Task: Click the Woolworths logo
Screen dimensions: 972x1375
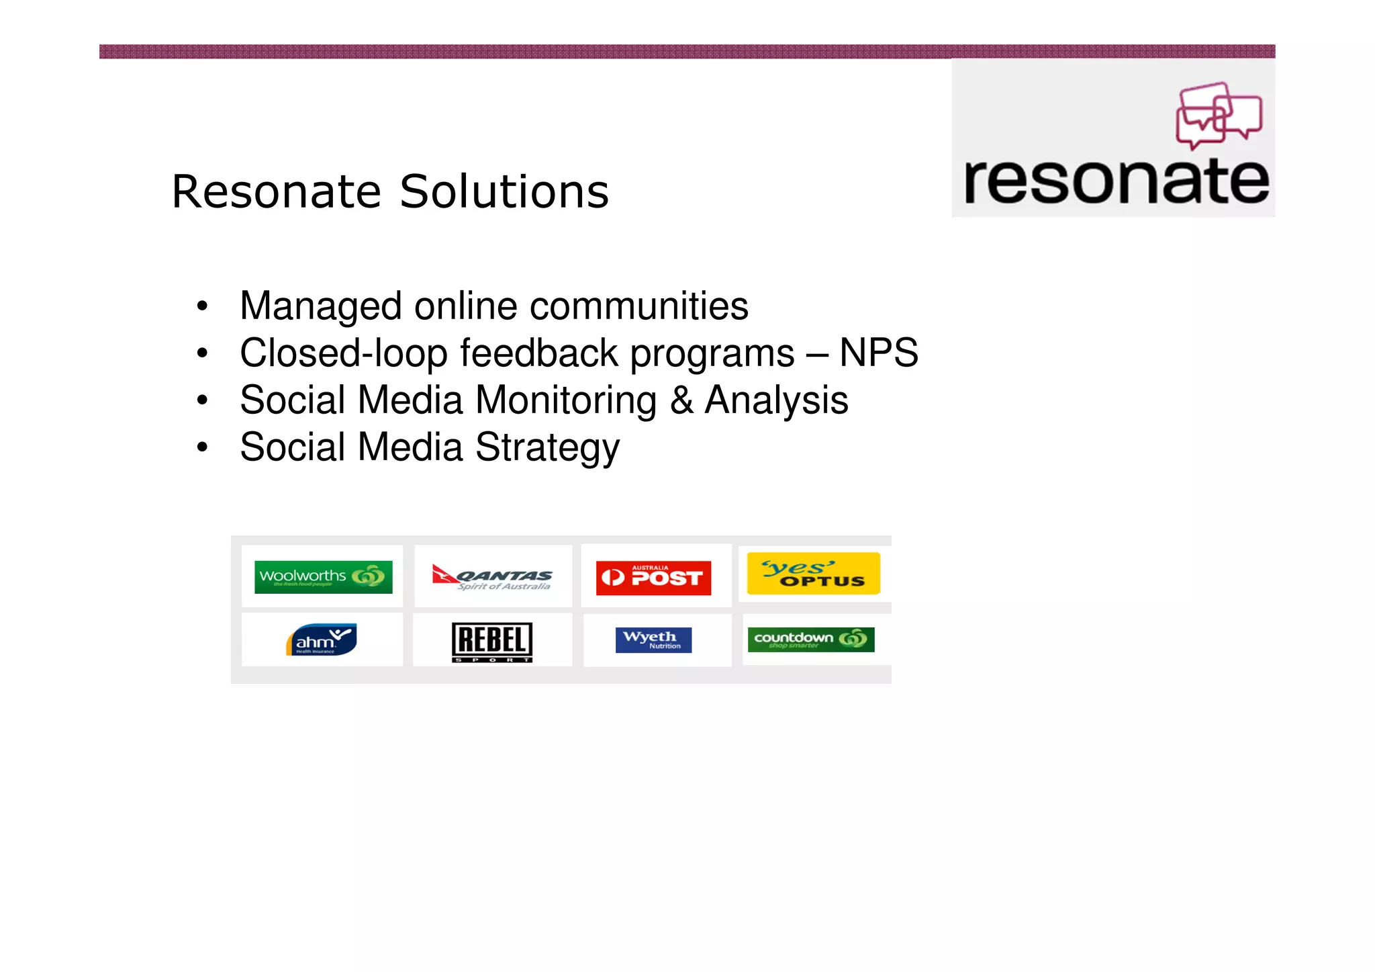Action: click(x=323, y=577)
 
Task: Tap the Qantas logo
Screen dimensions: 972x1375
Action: click(x=493, y=577)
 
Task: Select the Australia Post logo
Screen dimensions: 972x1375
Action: click(x=653, y=578)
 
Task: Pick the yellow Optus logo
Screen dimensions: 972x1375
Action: click(x=813, y=574)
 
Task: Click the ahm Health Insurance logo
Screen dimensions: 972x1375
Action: click(x=322, y=639)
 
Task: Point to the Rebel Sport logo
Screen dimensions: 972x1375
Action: click(x=492, y=642)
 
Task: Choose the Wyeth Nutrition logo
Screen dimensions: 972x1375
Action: click(x=653, y=640)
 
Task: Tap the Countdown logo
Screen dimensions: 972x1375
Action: click(x=811, y=639)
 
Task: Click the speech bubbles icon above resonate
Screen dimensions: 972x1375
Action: click(x=1219, y=115)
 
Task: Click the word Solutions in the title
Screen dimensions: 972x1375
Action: click(x=504, y=192)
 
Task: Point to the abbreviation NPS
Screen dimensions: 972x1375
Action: click(x=879, y=353)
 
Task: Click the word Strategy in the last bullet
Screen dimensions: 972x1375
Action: click(x=547, y=448)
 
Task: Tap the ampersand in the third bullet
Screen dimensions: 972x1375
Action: click(x=681, y=400)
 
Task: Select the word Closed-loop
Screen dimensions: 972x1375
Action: click(x=344, y=354)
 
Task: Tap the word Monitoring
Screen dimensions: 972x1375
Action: click(x=566, y=401)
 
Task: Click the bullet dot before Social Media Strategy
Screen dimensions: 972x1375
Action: click(x=202, y=447)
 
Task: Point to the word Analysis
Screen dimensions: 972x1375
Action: click(x=776, y=401)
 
